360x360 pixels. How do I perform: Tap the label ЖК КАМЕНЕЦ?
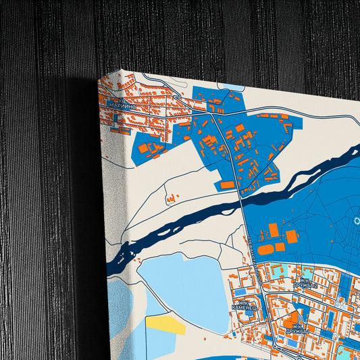click(x=244, y=305)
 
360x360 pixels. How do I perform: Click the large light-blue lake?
click(x=182, y=287)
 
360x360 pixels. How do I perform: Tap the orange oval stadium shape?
click(x=265, y=249)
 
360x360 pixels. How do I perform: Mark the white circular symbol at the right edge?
click(x=357, y=222)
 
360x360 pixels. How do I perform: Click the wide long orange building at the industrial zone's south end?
click(x=228, y=184)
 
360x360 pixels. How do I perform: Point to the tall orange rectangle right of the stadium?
click(x=291, y=236)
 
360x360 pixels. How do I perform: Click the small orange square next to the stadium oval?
click(x=279, y=247)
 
